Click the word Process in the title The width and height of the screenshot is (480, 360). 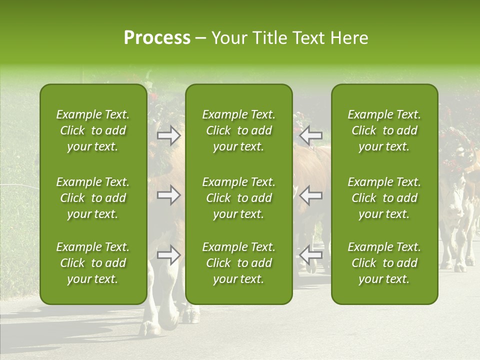[x=157, y=38]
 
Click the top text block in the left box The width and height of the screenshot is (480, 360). [x=93, y=130]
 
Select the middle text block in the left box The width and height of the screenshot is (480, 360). [x=93, y=198]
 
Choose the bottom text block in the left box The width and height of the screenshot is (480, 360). [x=93, y=263]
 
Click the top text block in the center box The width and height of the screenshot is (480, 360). [x=238, y=130]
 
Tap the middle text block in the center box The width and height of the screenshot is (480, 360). [x=238, y=198]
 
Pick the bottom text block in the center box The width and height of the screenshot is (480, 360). [x=238, y=263]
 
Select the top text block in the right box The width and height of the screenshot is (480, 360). [x=384, y=130]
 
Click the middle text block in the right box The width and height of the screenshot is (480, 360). [x=384, y=198]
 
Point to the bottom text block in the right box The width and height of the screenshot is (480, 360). [x=384, y=263]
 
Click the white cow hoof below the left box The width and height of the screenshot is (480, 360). [x=150, y=328]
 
